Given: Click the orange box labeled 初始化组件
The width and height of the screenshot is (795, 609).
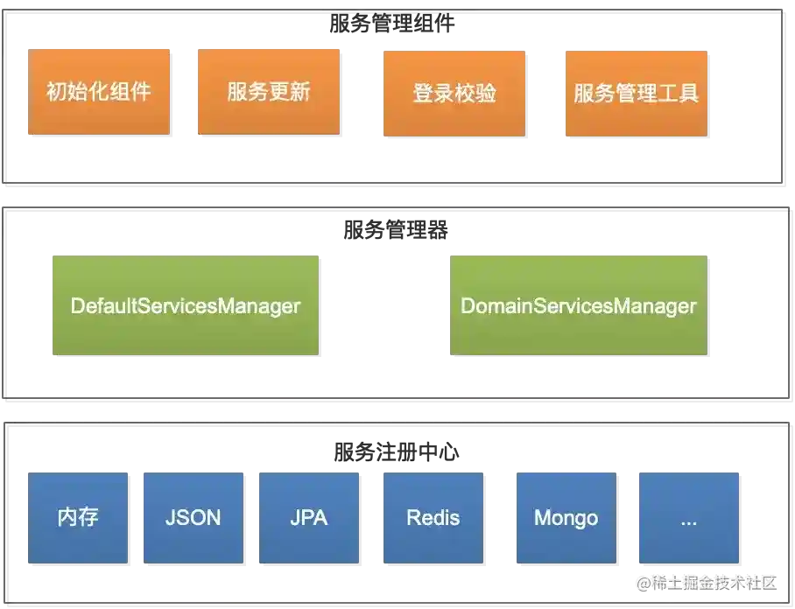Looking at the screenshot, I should [x=98, y=93].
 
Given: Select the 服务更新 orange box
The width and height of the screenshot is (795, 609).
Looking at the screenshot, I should [x=268, y=93].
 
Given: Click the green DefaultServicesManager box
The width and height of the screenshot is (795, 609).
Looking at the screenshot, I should [x=185, y=305].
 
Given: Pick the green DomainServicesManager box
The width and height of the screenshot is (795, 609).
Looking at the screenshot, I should [x=578, y=305].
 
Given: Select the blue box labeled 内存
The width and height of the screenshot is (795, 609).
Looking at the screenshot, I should [x=79, y=517].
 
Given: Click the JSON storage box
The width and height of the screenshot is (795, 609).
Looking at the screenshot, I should [x=193, y=517].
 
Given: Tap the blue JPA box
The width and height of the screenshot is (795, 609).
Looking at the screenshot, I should [x=309, y=517].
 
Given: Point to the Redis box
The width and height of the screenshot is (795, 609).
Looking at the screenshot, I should [x=433, y=517].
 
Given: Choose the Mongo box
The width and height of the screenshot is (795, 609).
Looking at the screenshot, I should [x=566, y=517].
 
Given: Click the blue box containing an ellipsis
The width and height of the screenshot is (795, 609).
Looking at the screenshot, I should [x=688, y=517].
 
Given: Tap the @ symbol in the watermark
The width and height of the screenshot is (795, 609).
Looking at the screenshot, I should [x=643, y=582].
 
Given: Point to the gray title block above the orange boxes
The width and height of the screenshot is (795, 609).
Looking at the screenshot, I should [x=393, y=24].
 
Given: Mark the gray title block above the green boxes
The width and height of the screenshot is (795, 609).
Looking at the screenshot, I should [x=396, y=231].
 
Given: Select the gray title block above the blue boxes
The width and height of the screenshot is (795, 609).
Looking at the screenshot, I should [x=396, y=451].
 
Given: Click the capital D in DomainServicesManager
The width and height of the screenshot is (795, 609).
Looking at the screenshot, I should [x=468, y=306].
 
